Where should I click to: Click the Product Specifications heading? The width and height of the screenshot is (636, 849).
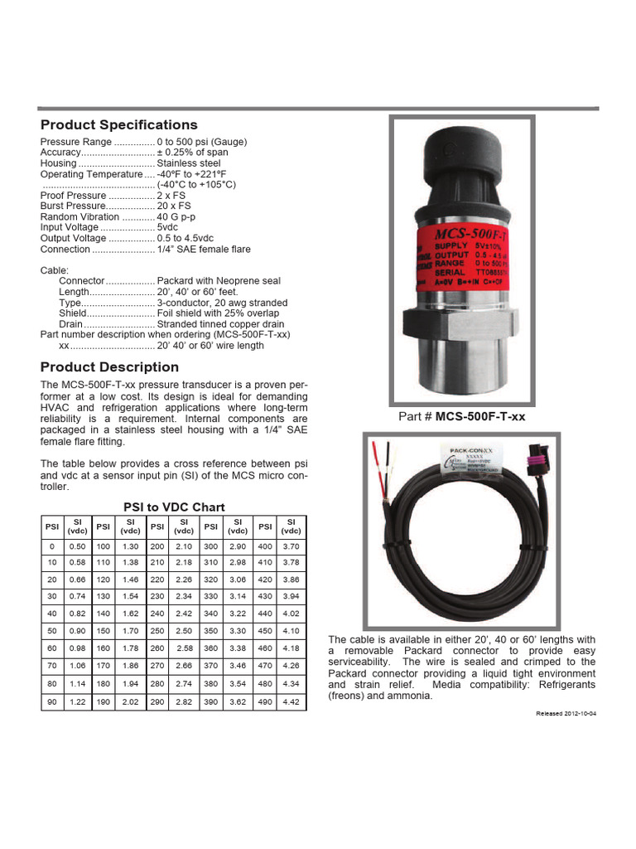(119, 125)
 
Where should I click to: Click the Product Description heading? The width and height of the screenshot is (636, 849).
(109, 367)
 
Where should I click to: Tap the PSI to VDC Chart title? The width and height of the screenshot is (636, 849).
(174, 507)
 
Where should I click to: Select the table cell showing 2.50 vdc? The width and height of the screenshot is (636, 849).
(184, 632)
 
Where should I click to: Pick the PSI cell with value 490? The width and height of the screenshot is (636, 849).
(265, 701)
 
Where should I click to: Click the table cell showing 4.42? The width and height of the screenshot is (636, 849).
(291, 701)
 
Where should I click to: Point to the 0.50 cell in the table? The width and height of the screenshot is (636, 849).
(77, 547)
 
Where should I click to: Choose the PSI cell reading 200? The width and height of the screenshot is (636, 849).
(157, 547)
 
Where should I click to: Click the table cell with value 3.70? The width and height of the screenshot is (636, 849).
(291, 547)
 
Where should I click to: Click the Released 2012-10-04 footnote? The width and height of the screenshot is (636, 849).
(566, 712)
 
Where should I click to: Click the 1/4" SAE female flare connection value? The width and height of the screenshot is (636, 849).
(204, 249)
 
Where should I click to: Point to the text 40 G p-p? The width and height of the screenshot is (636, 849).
(176, 216)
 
